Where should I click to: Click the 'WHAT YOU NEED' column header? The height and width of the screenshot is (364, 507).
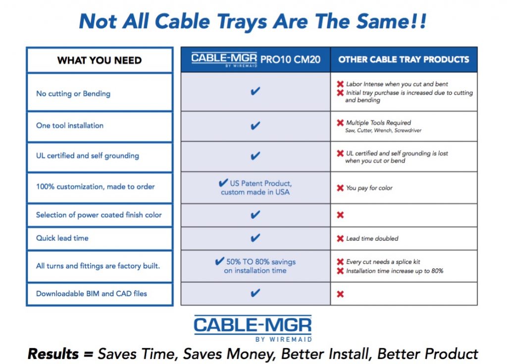(99, 60)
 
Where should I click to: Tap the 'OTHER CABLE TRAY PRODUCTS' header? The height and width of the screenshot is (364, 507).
(404, 59)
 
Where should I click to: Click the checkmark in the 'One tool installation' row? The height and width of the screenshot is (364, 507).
(255, 125)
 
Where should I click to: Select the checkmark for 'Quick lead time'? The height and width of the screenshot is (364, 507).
(255, 238)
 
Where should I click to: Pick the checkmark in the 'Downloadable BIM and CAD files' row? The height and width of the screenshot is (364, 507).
(255, 293)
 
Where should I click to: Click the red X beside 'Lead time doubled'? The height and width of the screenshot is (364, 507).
(340, 239)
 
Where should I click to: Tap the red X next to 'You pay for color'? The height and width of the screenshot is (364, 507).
(340, 188)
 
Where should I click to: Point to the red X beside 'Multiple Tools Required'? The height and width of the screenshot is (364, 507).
(340, 123)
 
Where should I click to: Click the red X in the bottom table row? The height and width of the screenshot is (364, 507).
(340, 294)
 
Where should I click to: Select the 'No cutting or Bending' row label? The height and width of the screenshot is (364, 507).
(73, 94)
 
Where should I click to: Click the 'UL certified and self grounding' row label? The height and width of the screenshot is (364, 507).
(88, 156)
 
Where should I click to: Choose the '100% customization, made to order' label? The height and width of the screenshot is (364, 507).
(96, 187)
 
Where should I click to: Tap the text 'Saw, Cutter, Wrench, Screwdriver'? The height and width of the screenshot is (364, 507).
(383, 130)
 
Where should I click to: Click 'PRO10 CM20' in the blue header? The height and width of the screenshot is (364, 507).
(290, 59)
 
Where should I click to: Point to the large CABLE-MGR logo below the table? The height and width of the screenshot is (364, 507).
(253, 328)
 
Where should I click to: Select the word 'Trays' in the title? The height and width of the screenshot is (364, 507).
(242, 22)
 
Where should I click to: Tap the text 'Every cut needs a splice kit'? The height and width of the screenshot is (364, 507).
(383, 262)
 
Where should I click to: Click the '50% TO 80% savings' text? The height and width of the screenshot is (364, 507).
(261, 262)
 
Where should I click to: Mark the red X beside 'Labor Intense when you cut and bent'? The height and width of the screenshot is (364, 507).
(340, 84)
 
